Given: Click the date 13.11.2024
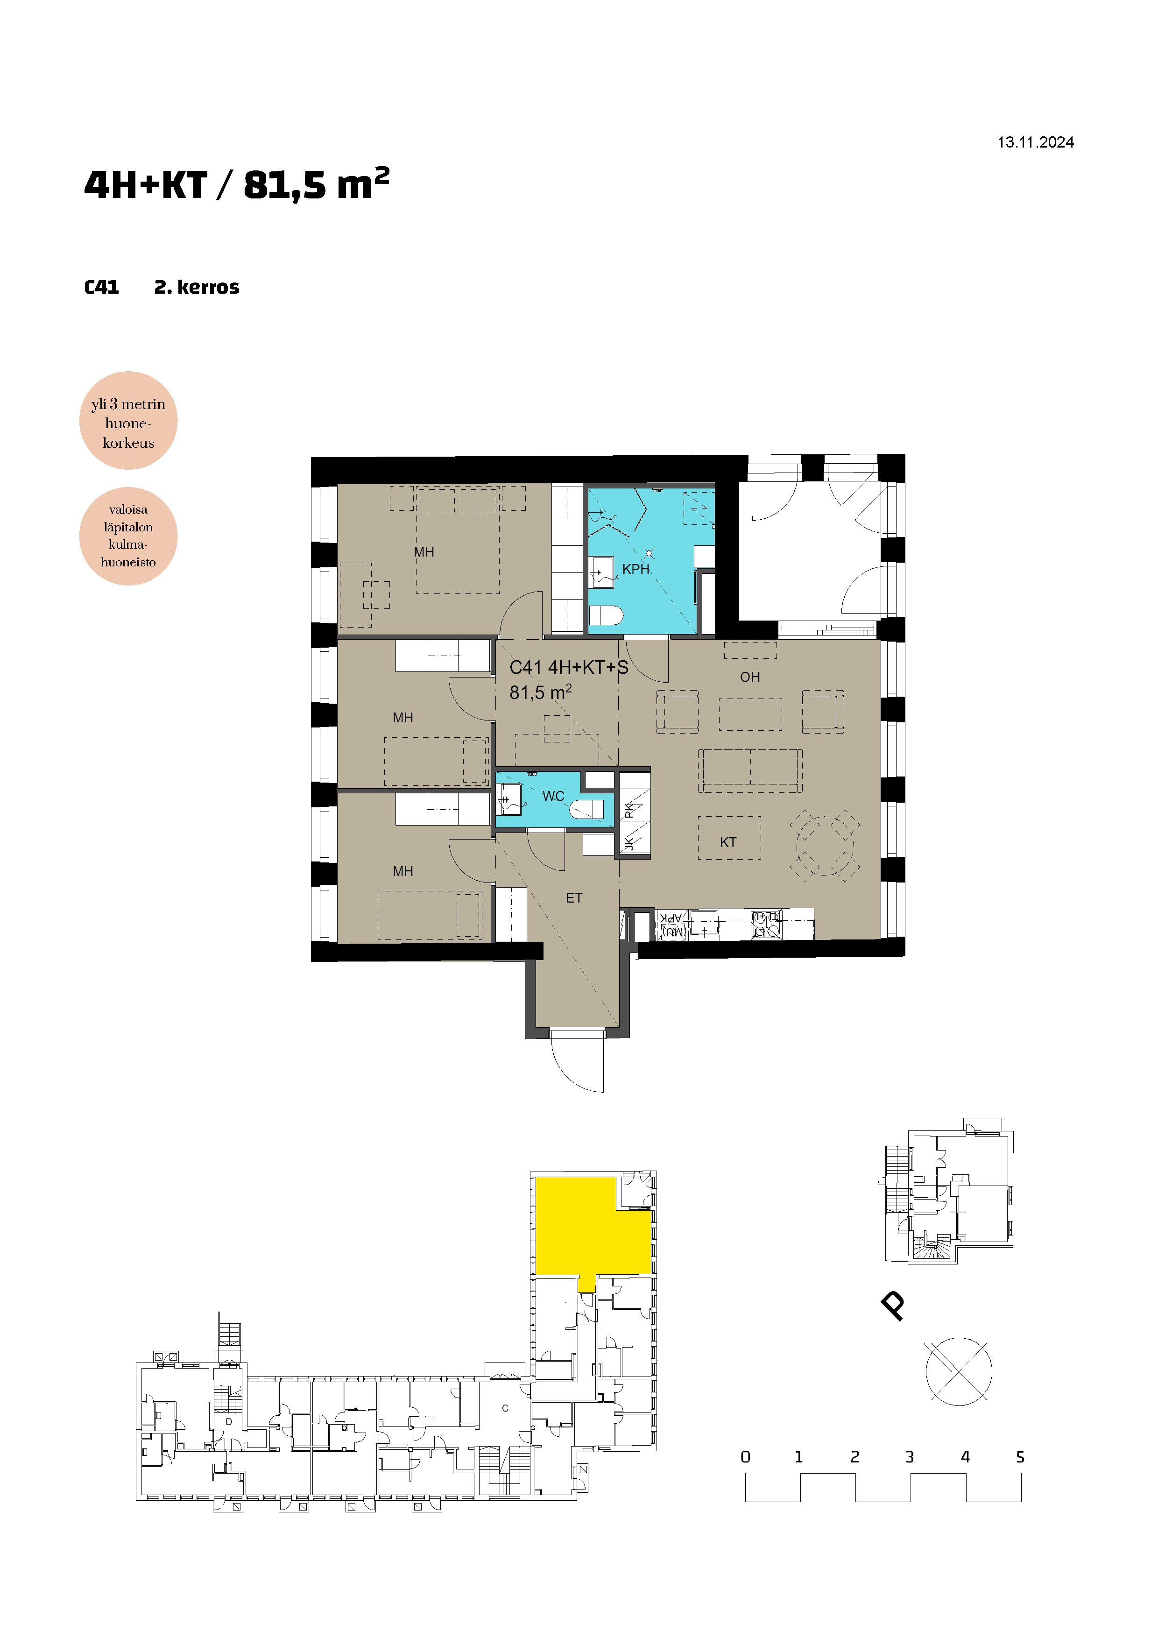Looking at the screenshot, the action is pyautogui.click(x=1035, y=143).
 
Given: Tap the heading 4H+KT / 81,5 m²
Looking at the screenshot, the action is pyautogui.click(x=237, y=184).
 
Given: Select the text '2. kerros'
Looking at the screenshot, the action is pyautogui.click(x=197, y=288).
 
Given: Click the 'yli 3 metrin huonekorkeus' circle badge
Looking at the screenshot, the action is pyautogui.click(x=128, y=421).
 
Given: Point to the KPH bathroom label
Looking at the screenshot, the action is pyautogui.click(x=635, y=569).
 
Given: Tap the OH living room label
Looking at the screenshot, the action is pyautogui.click(x=750, y=677).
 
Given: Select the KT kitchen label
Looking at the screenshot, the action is pyautogui.click(x=728, y=842).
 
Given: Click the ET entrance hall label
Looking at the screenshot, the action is pyautogui.click(x=574, y=898).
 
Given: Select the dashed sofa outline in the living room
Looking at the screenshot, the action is pyautogui.click(x=750, y=771).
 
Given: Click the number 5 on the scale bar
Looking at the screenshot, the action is pyautogui.click(x=1020, y=1457).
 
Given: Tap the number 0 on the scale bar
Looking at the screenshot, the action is pyautogui.click(x=746, y=1457).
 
